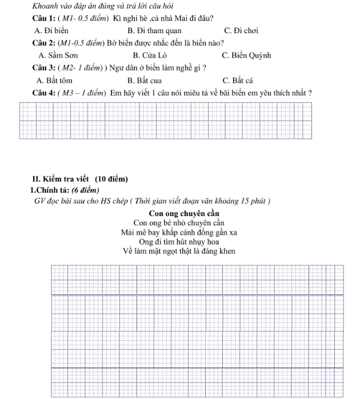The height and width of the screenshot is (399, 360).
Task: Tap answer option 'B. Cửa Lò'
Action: (x=150, y=55)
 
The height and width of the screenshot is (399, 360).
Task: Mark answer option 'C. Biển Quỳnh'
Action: (x=246, y=55)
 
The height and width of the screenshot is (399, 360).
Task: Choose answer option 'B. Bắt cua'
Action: (x=145, y=80)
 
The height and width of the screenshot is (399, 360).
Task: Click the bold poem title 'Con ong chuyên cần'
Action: (x=180, y=214)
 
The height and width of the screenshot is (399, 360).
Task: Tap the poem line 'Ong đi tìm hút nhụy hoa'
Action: (x=179, y=241)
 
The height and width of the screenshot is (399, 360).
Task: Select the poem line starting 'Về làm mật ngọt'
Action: (x=179, y=251)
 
